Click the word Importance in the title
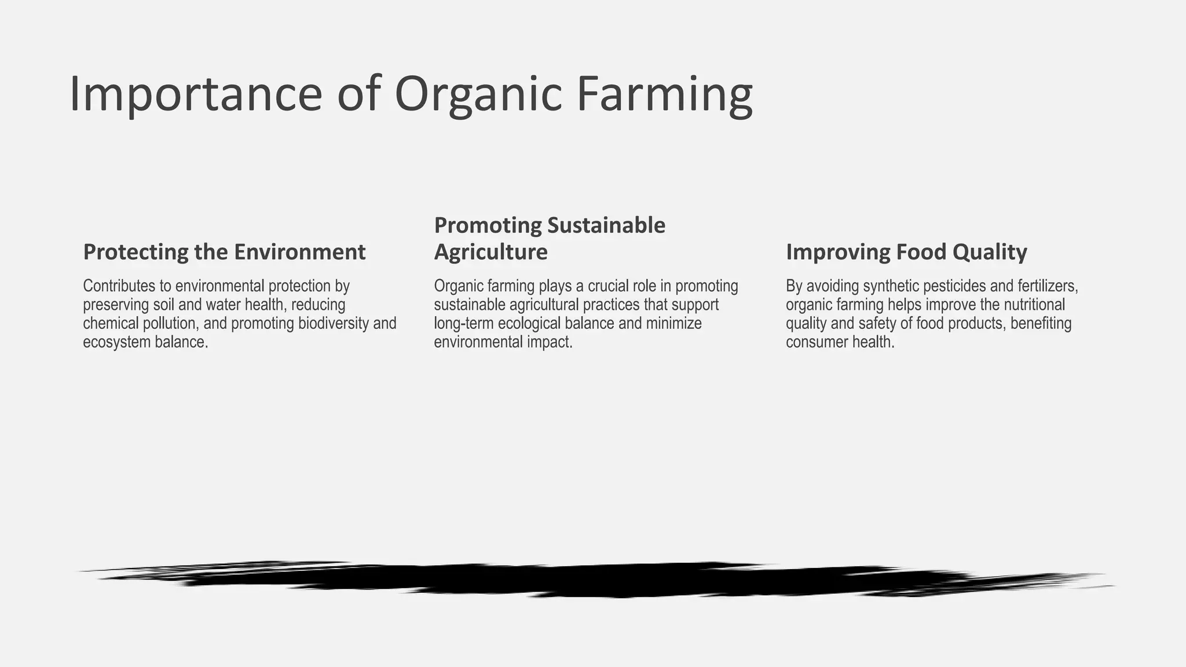click(x=195, y=94)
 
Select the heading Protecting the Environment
click(x=224, y=252)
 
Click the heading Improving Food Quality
click(x=906, y=252)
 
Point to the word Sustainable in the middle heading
click(x=606, y=225)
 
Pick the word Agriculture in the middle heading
click(x=490, y=252)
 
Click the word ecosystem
click(x=116, y=342)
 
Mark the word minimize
click(x=673, y=323)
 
